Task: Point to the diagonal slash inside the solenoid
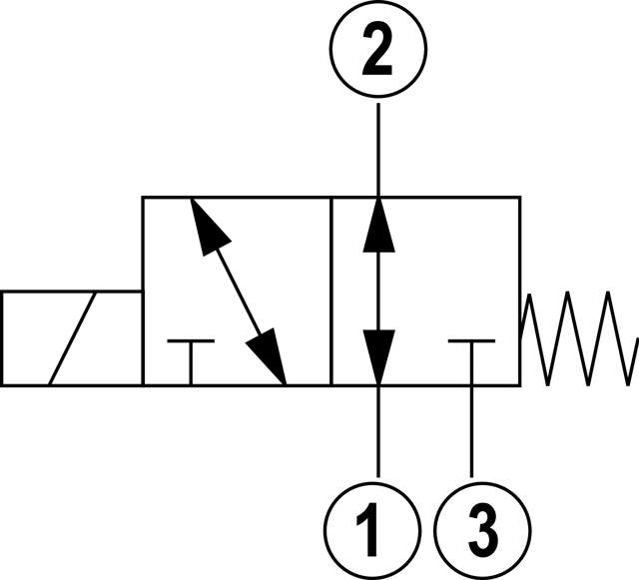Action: [73, 337]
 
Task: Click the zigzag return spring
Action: [579, 337]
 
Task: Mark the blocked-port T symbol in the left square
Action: [190, 354]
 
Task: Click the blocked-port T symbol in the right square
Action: [470, 354]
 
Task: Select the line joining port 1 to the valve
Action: [377, 429]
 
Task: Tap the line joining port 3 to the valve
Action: [470, 429]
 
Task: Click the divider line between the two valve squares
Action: [330, 290]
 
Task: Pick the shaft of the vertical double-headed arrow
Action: [377, 290]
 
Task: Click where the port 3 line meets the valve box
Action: [470, 384]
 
